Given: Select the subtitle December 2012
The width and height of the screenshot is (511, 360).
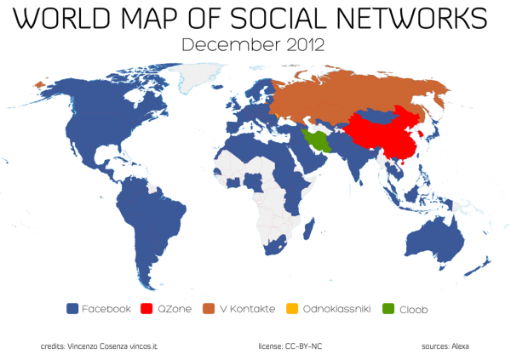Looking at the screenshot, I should click(254, 44).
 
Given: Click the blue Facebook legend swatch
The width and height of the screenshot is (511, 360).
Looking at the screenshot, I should click(72, 309).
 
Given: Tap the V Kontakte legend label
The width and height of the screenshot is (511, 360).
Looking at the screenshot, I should click(247, 309).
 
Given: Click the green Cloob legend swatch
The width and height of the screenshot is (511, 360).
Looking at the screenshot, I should click(389, 309).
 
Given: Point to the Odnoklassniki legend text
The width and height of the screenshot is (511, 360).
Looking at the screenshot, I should click(336, 309).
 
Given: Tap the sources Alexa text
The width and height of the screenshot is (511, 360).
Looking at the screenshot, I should click(445, 346).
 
